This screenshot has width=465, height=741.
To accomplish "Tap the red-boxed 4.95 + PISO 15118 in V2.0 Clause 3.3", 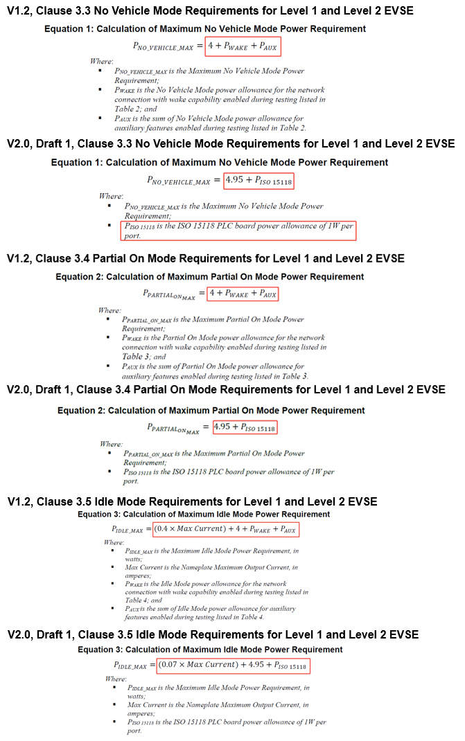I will tap(258, 181).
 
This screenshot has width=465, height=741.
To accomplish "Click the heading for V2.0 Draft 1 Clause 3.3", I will tap(231, 144).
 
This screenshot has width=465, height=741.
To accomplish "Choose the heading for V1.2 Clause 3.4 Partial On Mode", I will tap(206, 259).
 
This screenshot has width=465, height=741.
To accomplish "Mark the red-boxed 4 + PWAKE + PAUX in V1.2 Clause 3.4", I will tap(243, 294).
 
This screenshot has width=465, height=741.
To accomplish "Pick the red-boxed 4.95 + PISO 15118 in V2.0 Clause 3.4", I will tap(245, 427).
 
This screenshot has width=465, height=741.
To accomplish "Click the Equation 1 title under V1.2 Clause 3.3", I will tap(205, 29).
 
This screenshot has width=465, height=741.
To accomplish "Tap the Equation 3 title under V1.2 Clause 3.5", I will tap(204, 515).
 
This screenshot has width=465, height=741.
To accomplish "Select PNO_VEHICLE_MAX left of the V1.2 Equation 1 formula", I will tap(164, 47).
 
